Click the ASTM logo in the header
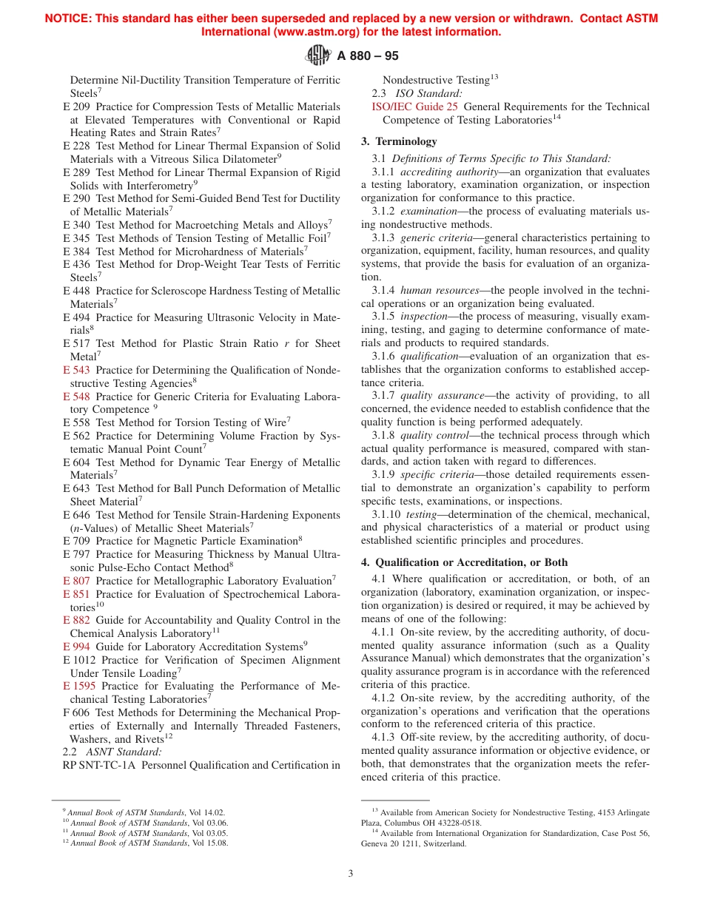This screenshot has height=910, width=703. [318, 55]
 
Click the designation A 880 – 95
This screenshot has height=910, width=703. [368, 56]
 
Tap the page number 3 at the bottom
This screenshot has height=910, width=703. [351, 873]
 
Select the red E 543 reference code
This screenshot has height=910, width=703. [76, 370]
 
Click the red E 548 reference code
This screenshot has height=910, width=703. [76, 397]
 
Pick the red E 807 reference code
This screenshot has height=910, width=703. [76, 581]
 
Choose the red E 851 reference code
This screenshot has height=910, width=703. [76, 594]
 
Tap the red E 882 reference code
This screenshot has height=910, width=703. [76, 620]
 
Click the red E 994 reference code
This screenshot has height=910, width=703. [76, 647]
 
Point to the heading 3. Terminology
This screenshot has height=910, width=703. [399, 141]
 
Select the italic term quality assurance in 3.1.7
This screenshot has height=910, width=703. [437, 396]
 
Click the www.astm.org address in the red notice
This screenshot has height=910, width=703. [292, 32]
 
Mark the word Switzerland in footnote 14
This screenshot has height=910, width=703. [443, 843]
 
